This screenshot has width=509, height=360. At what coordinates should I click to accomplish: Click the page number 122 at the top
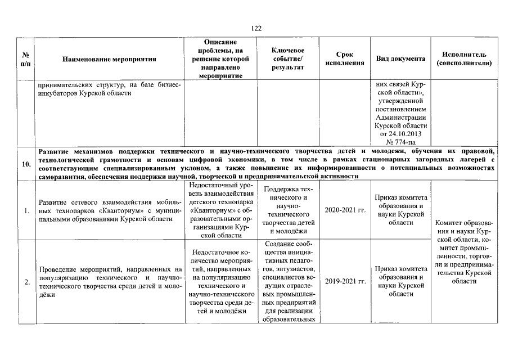(254, 29)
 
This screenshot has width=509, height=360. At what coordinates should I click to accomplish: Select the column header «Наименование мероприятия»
(109, 58)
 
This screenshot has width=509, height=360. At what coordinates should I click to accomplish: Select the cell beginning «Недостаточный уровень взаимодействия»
(224, 210)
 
